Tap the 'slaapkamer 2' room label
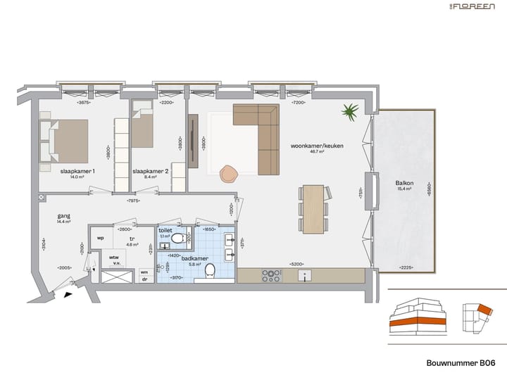click(x=151, y=171)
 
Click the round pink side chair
click(x=229, y=173)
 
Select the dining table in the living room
click(x=313, y=209)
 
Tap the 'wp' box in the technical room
click(x=100, y=238)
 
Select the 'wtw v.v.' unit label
click(x=113, y=259)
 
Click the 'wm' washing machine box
click(x=144, y=271)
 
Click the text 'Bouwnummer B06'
click(x=461, y=365)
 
